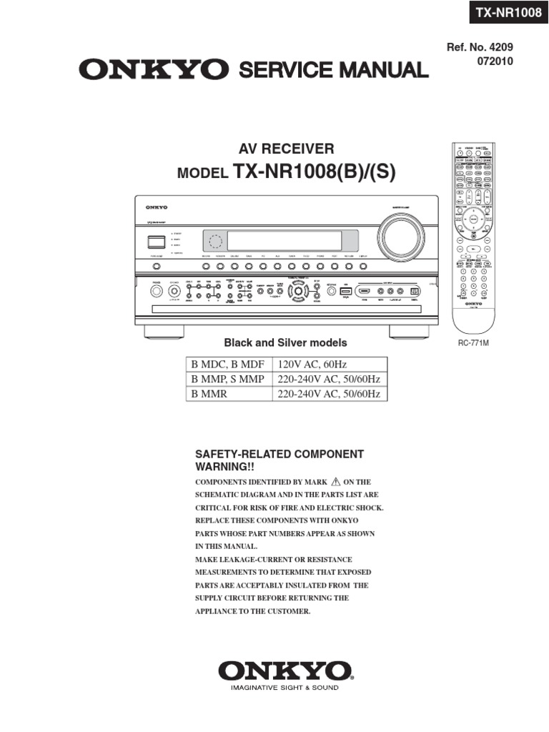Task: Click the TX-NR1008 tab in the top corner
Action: point(504,13)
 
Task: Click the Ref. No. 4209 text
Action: point(480,47)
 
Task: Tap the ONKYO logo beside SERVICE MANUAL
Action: point(154,70)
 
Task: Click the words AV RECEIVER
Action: point(286,149)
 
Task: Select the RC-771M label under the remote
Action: point(472,343)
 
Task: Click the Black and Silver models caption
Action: point(286,343)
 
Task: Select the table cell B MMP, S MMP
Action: point(227,379)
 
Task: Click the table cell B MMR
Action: point(208,394)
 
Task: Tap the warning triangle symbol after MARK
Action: point(335,482)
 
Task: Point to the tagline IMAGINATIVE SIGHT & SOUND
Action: point(285,688)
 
